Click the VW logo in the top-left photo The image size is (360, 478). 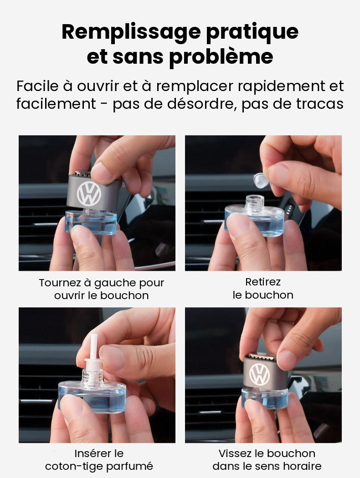pos(89,193)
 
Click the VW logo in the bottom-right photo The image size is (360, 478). pos(260,374)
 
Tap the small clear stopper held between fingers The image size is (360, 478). pos(261,180)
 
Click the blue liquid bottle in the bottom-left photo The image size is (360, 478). pos(92,397)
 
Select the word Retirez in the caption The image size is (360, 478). pos(263,282)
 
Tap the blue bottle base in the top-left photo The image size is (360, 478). pos(91,222)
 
